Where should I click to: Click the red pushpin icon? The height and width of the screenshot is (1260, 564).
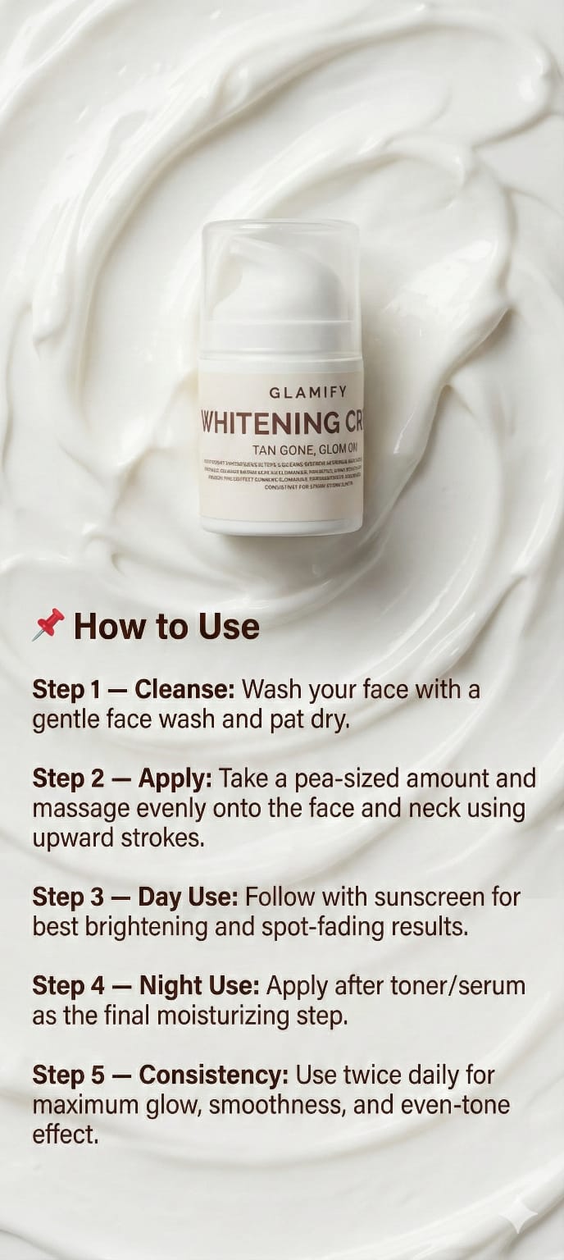pos(48,625)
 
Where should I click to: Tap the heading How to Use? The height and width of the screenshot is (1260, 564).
pos(166,627)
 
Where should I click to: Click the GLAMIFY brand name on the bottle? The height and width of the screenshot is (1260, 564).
pos(307,392)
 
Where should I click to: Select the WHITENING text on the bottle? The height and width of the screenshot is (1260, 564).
pos(270,423)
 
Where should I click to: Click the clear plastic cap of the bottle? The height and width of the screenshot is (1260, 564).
pos(279,279)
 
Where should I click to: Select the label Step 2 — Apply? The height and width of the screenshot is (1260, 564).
pos(121,778)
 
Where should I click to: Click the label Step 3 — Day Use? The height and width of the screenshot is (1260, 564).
pos(134,897)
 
